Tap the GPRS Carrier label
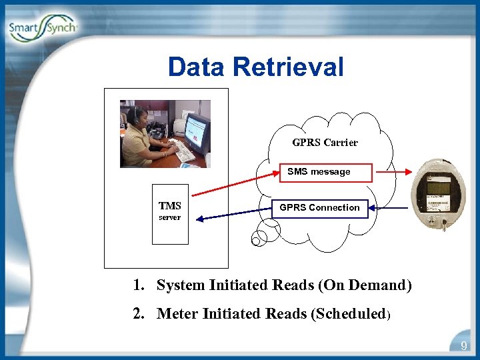click(325, 142)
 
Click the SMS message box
click(325, 172)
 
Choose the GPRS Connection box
click(319, 207)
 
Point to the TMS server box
click(169, 213)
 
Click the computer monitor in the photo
click(197, 131)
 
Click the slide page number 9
click(464, 346)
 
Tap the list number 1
click(137, 285)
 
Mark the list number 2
click(138, 313)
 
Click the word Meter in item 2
click(177, 313)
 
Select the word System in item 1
click(181, 285)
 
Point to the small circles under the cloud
click(261, 234)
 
